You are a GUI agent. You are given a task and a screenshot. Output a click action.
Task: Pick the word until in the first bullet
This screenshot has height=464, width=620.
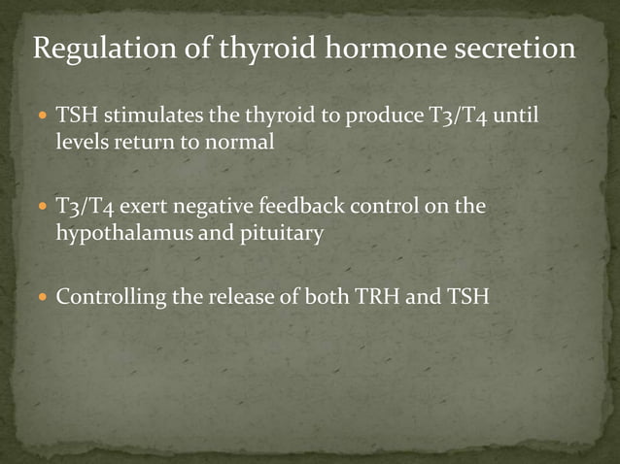tap(512, 118)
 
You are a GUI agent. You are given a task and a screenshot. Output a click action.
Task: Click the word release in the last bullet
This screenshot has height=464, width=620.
tap(237, 297)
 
